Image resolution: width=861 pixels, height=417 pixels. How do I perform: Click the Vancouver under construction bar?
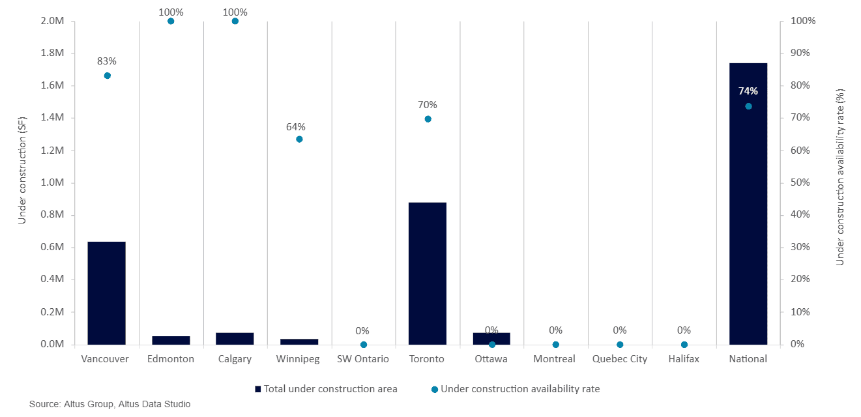(106, 293)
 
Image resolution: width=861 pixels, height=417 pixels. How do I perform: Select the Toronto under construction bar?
(428, 273)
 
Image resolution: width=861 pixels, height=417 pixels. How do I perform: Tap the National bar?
(748, 204)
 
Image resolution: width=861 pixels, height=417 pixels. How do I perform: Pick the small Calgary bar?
(235, 339)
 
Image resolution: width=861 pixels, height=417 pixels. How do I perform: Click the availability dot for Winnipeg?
(299, 139)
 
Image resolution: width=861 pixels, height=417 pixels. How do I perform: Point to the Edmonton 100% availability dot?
(171, 21)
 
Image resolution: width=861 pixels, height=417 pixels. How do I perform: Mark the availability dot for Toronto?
(428, 119)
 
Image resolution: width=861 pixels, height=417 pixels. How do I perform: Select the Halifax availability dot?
(684, 345)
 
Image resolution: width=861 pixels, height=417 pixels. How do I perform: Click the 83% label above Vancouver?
(106, 61)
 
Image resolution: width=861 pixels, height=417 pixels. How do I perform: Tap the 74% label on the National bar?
(748, 91)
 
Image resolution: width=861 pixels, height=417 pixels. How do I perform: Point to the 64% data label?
(296, 127)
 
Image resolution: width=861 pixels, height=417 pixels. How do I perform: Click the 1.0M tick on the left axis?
(52, 182)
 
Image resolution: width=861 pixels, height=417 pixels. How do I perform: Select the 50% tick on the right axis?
(800, 182)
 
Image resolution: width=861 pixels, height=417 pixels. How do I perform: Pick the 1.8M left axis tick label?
(52, 53)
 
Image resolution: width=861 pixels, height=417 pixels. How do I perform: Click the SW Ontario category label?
(363, 359)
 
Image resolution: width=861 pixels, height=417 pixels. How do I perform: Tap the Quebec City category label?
(620, 360)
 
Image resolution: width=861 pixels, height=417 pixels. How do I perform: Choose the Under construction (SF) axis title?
(22, 170)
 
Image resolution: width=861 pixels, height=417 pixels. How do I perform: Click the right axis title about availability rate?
(840, 177)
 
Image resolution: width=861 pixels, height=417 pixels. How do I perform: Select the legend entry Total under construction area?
(327, 389)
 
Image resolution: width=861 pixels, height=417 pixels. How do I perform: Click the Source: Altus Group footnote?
(110, 405)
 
